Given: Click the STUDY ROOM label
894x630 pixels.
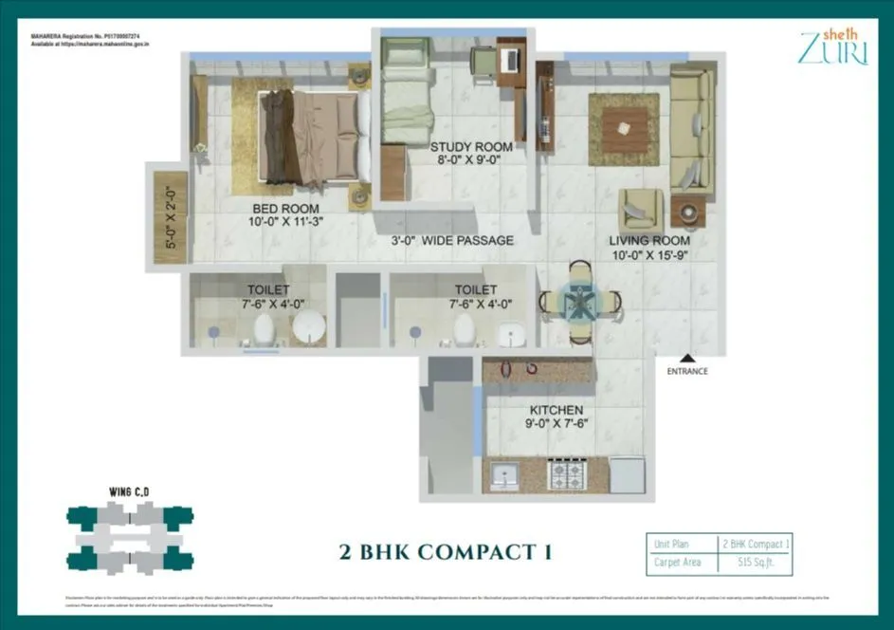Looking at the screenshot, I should [x=471, y=147].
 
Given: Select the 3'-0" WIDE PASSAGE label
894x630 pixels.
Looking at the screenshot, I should [x=454, y=241].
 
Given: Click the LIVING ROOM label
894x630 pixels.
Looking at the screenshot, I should [x=648, y=241].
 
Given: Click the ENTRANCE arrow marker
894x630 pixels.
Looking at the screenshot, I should [x=686, y=360].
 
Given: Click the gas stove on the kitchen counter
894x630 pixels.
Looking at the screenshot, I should [x=571, y=473].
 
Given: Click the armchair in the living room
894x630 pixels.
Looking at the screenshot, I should [x=641, y=211].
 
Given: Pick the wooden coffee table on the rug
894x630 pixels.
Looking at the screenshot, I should [x=624, y=127].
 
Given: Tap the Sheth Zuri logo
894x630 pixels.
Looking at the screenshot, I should [x=832, y=46].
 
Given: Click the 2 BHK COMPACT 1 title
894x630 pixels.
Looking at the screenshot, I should [x=446, y=551].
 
